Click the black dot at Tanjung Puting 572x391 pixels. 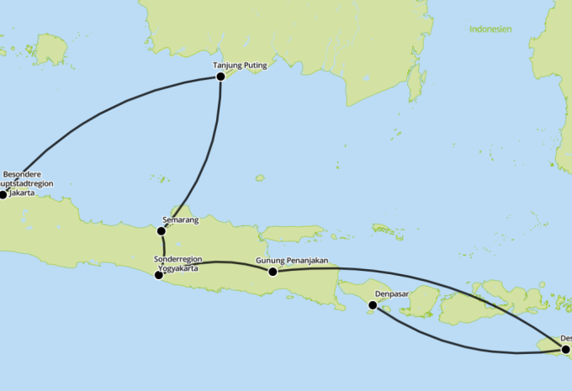[x=220, y=77]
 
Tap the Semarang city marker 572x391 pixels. [x=162, y=230]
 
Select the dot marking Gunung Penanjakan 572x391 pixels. [x=273, y=272]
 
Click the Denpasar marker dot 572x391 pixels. [x=373, y=305]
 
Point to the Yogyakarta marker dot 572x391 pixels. [x=159, y=275]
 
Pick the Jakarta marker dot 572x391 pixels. [x=3, y=194]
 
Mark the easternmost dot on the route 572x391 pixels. [x=565, y=349]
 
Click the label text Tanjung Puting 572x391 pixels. [x=239, y=65]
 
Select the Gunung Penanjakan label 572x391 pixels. [x=291, y=260]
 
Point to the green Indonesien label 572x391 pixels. [x=490, y=29]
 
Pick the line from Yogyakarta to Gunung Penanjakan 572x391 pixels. [x=219, y=263]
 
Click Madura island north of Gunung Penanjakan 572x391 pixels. [x=294, y=233]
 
